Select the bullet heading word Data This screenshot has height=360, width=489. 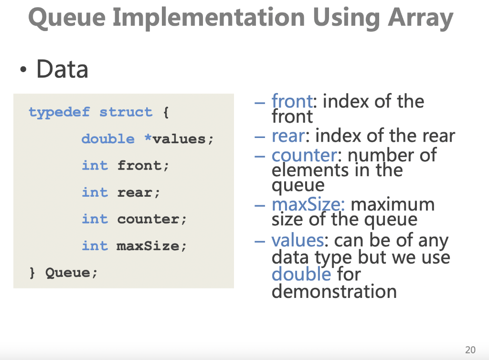pyautogui.click(x=62, y=69)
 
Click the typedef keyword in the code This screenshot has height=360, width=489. pyautogui.click(x=59, y=112)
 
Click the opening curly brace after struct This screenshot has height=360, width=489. pyautogui.click(x=166, y=112)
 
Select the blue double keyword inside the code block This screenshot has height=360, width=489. pyautogui.click(x=108, y=139)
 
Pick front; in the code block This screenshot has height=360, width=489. pyautogui.click(x=143, y=166)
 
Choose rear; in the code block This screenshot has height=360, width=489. pyautogui.click(x=139, y=192)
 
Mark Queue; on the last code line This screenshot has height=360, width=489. pyautogui.click(x=71, y=273)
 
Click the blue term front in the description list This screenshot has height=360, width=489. pyautogui.click(x=292, y=101)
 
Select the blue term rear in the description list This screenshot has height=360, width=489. pyautogui.click(x=287, y=136)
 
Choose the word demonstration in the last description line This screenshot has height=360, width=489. pyautogui.click(x=334, y=291)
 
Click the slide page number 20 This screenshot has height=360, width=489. pyautogui.click(x=470, y=349)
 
